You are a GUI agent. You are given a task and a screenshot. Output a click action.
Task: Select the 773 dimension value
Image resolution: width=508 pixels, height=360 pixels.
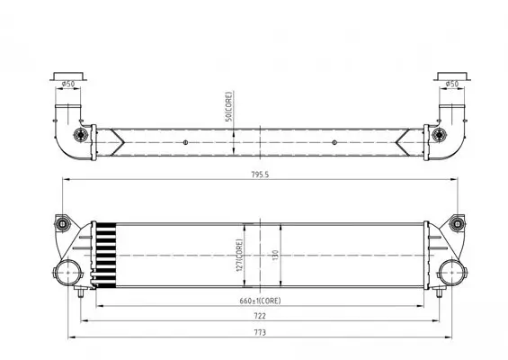tap(260, 332)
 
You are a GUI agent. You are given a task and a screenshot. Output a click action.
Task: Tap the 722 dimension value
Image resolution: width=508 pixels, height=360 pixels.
tap(260, 317)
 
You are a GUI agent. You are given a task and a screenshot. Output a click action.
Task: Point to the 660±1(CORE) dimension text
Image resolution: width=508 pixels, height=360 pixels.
tap(260, 301)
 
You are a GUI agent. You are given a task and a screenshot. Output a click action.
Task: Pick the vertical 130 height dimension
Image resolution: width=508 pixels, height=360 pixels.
tap(276, 255)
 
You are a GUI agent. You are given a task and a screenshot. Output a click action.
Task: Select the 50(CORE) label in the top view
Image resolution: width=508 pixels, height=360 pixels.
tap(229, 107)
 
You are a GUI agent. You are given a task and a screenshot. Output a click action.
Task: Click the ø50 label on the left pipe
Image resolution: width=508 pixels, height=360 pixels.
tap(67, 85)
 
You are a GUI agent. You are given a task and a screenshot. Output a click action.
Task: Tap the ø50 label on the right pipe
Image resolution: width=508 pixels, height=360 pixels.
tap(451, 85)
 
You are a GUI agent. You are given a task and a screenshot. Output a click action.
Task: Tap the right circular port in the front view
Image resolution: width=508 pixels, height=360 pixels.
tap(450, 272)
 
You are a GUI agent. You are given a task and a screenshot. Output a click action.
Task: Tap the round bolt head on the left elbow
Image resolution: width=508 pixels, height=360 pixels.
tap(86, 136)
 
